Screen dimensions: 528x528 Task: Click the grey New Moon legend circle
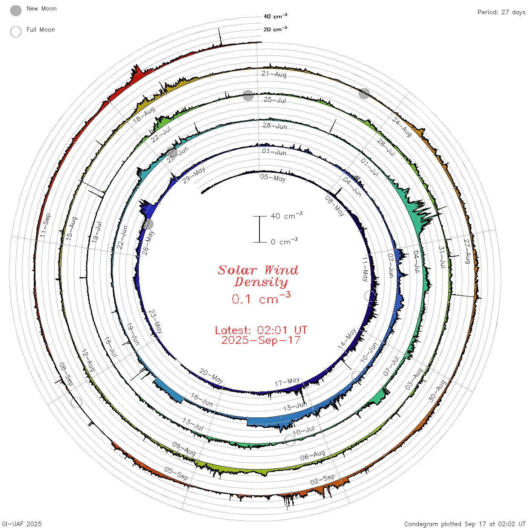tap(16, 11)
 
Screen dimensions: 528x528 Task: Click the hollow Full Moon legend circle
tap(16, 32)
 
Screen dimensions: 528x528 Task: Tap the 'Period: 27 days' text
tap(502, 12)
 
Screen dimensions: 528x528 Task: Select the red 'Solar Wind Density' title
tap(258, 276)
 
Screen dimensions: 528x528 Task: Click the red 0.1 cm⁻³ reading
tap(261, 298)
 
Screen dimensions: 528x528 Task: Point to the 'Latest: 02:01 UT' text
tap(261, 330)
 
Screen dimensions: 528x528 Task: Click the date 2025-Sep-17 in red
tap(261, 340)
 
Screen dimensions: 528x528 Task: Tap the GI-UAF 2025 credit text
tap(22, 524)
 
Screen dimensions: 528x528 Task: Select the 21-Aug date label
tap(274, 74)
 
